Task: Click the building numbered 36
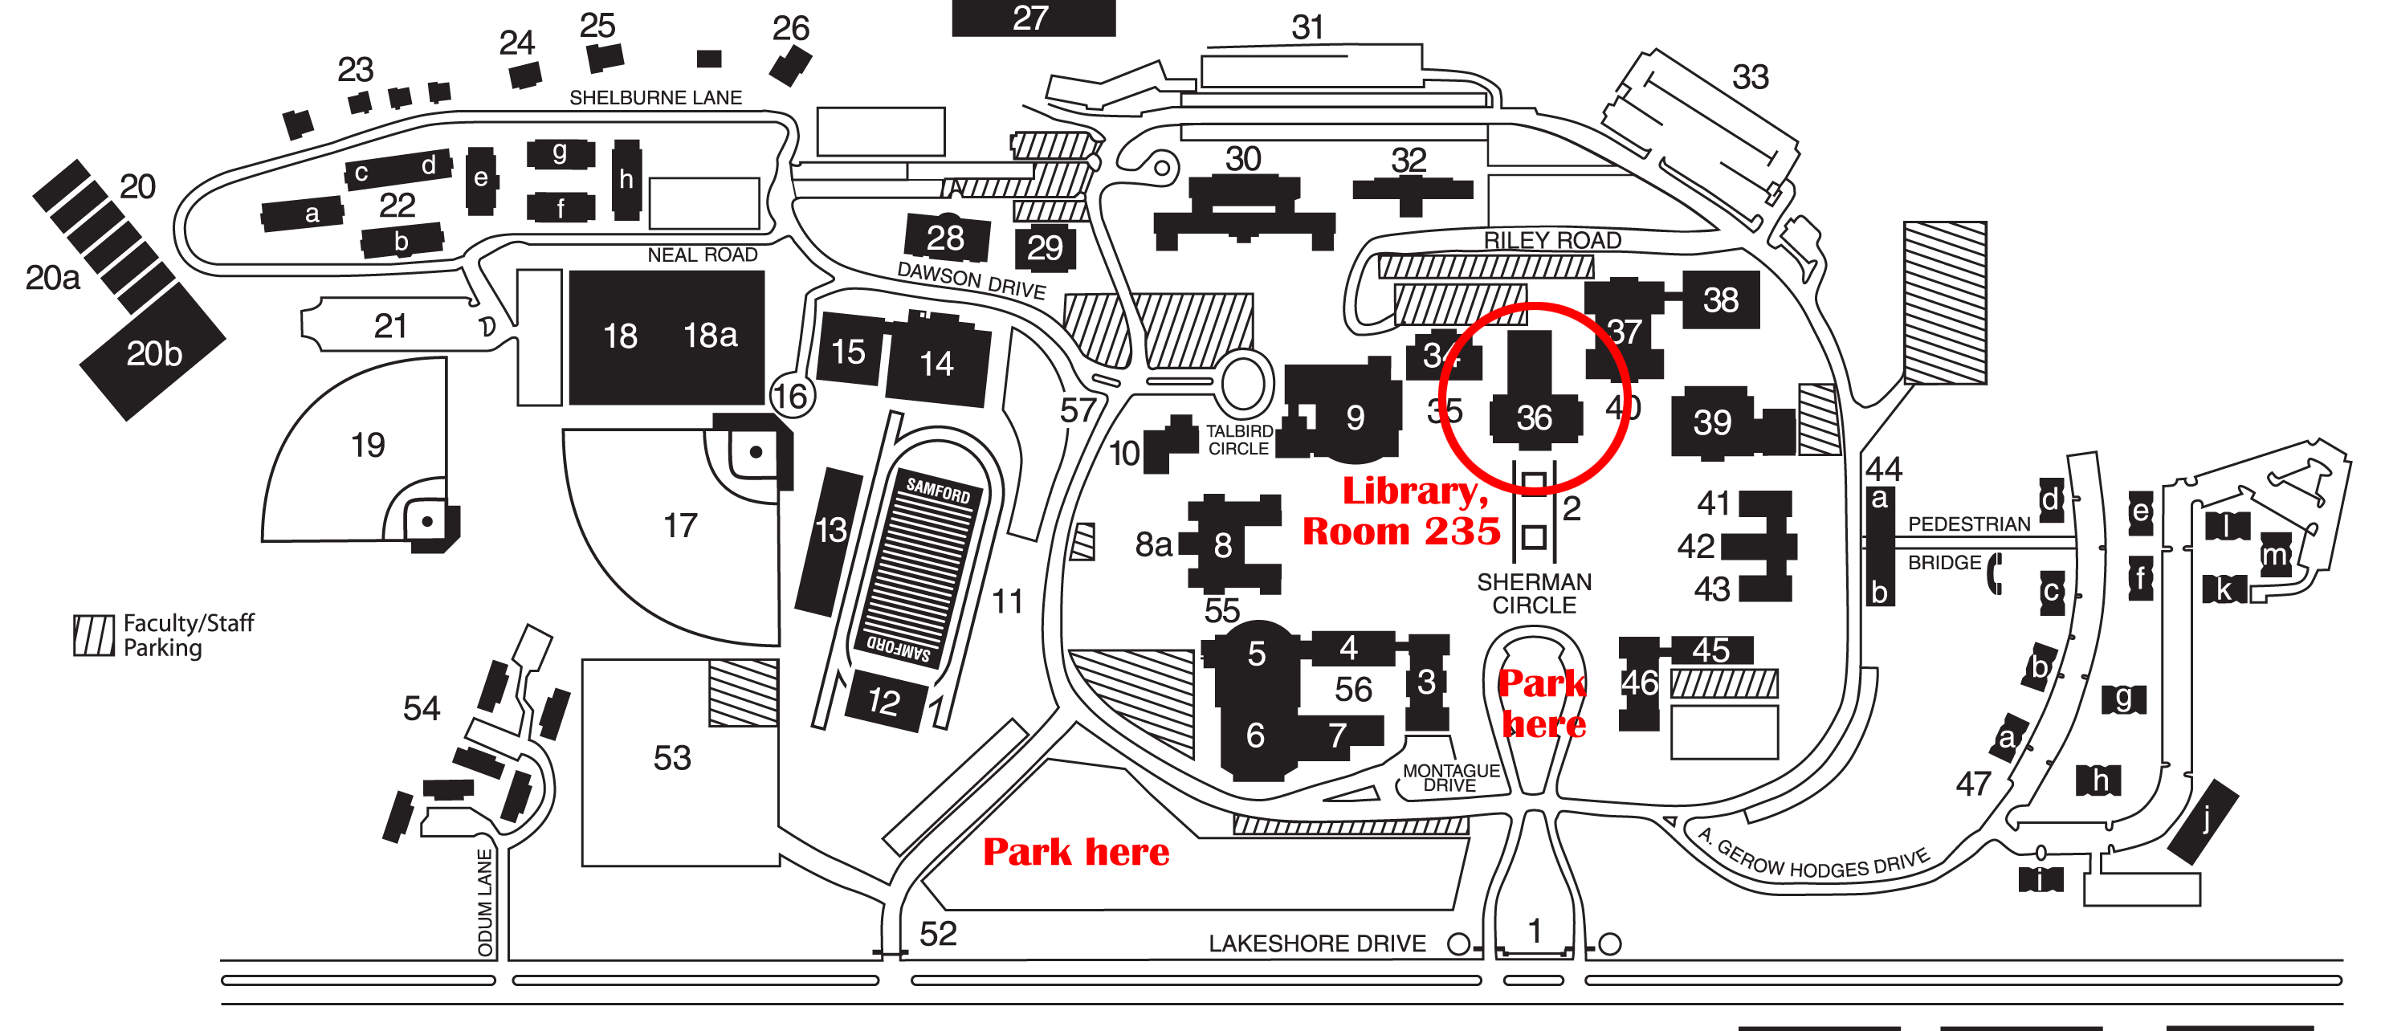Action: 1534,418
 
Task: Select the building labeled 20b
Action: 153,353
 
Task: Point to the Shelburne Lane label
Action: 654,97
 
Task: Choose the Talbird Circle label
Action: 1239,439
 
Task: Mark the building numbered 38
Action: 1720,300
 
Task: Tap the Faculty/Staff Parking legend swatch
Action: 93,636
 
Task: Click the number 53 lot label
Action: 672,758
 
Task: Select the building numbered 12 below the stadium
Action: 884,701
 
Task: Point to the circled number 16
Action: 791,396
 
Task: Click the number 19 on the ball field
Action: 368,445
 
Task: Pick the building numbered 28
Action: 945,238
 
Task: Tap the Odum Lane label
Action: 485,903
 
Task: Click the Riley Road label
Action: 1551,240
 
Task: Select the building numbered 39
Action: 1712,422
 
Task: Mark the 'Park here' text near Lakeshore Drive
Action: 1076,851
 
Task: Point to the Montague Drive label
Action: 1451,777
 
